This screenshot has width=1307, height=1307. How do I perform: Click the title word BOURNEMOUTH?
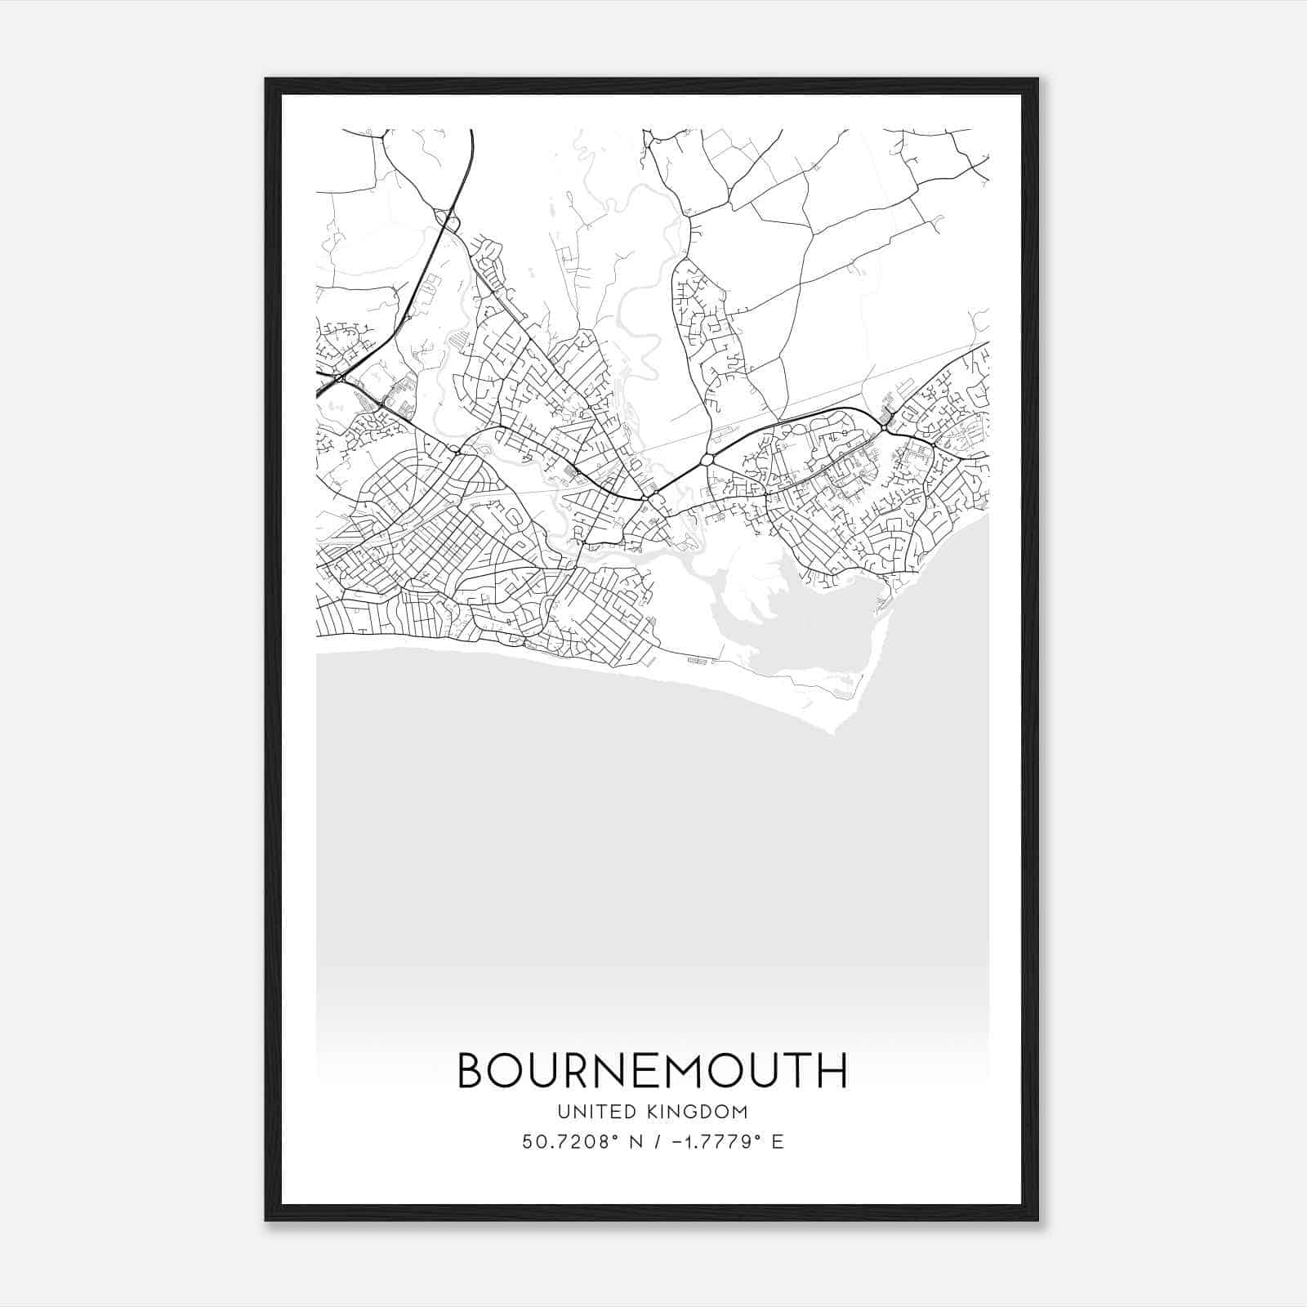[x=652, y=1071]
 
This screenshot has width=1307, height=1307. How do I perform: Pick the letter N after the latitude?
[x=634, y=1142]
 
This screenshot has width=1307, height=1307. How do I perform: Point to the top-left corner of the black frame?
[x=266, y=79]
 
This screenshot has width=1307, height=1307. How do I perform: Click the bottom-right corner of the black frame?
[x=1037, y=1220]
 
